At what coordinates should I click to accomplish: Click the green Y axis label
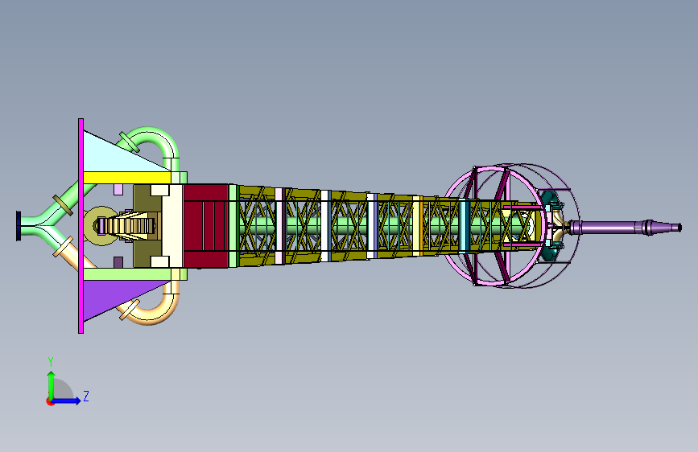click(x=51, y=362)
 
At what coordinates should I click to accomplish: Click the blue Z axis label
click(x=86, y=396)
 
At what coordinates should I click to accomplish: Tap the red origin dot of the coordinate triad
click(x=50, y=401)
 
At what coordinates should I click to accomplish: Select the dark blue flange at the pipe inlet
click(x=19, y=226)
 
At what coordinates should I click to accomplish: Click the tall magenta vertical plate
click(x=81, y=225)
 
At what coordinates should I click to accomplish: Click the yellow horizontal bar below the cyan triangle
click(x=127, y=178)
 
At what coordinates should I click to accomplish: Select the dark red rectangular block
click(x=206, y=226)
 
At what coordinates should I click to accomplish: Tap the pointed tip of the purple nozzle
click(x=679, y=228)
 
